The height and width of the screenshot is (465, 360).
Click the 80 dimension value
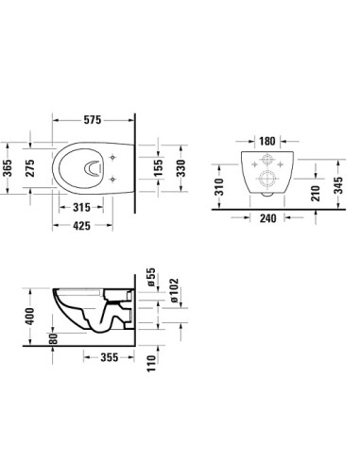(54, 336)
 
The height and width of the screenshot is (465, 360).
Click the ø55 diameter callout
(150, 277)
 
